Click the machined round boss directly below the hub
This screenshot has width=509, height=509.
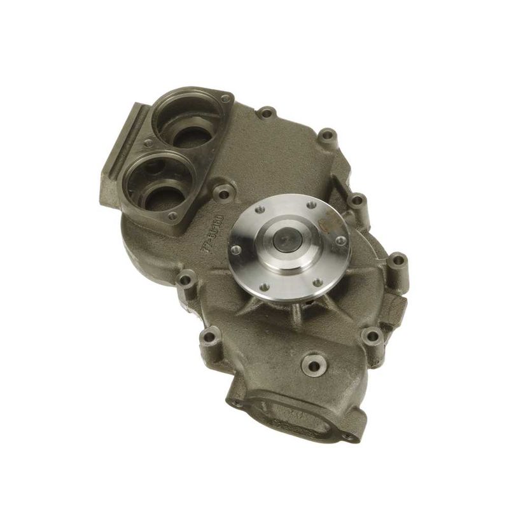tap(314, 365)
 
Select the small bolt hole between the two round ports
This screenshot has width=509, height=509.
tap(148, 143)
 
